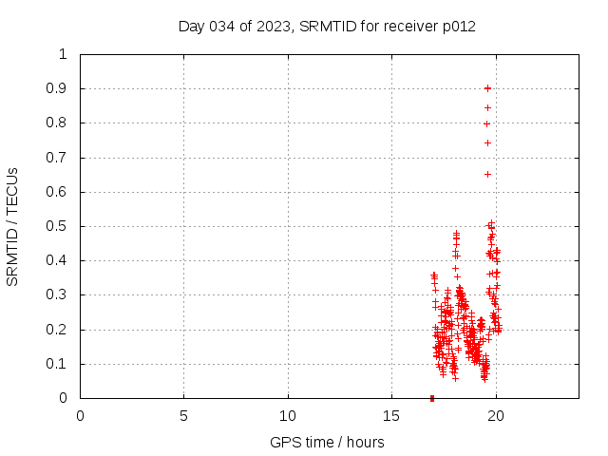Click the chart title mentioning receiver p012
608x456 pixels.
tap(327, 26)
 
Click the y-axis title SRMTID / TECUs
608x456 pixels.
tap(12, 227)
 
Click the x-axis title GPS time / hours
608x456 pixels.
tap(327, 442)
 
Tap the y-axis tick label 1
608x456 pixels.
tap(64, 54)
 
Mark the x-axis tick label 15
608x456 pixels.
tap(391, 415)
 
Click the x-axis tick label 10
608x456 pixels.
tap(288, 415)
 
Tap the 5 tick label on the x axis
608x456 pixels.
tap(183, 415)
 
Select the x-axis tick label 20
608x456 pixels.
tap(495, 415)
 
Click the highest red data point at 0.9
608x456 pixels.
tap(487, 88)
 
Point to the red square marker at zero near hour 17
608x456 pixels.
tap(432, 398)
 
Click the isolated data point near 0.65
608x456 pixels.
tap(487, 174)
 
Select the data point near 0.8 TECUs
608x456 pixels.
tap(486, 123)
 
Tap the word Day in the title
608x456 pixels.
tap(191, 26)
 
